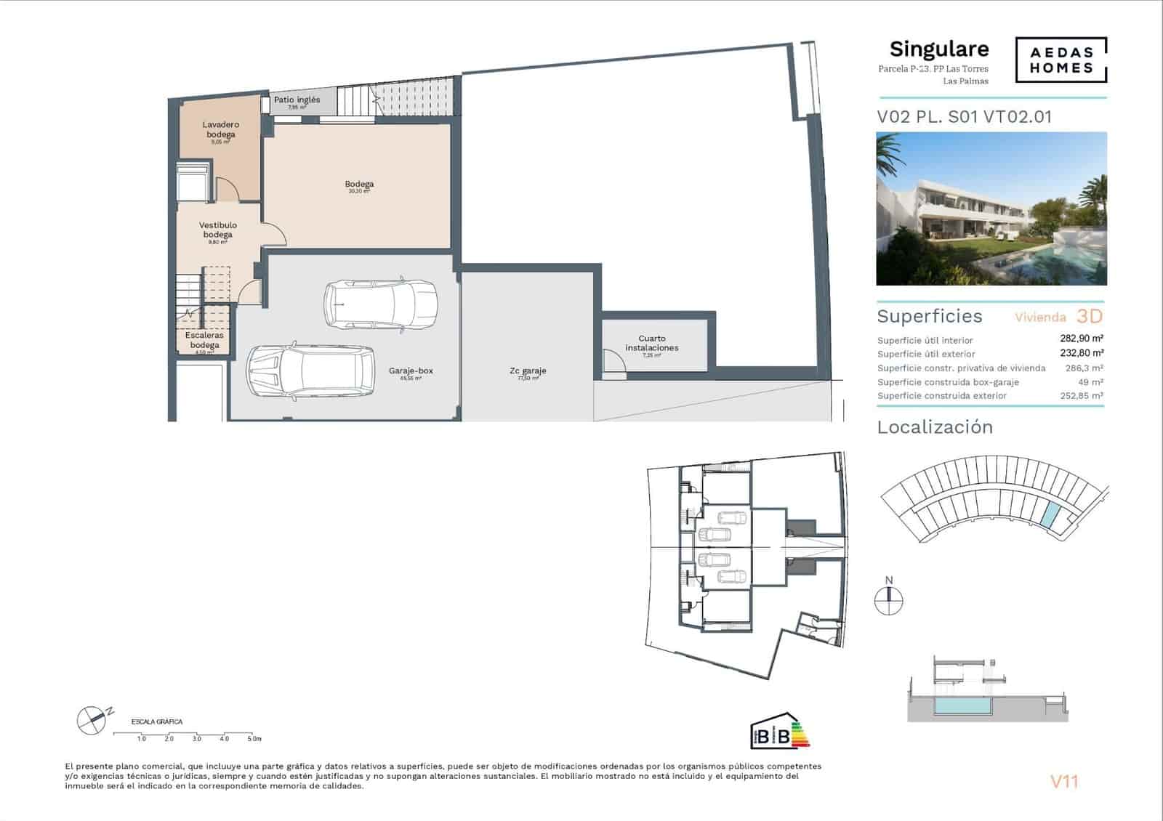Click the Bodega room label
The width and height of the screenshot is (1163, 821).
click(359, 185)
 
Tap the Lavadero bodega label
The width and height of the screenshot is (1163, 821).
click(221, 129)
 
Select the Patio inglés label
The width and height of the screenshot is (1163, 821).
click(297, 100)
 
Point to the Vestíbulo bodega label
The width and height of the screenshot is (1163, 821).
click(218, 230)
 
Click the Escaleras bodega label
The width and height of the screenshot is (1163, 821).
click(204, 340)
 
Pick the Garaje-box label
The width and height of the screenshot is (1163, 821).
click(411, 371)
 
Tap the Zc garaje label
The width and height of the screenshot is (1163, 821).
click(528, 371)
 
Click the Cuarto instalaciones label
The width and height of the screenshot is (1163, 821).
click(652, 343)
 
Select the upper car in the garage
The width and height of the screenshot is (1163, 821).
click(381, 304)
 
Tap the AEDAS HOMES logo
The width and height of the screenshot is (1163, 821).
click(1061, 60)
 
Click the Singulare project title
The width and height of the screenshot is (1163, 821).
click(939, 49)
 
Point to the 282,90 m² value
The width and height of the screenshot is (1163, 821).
click(1082, 339)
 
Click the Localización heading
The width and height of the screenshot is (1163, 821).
click(935, 427)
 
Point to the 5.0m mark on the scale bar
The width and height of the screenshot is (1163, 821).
click(253, 738)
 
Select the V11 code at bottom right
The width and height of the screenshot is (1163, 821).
click(1064, 782)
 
